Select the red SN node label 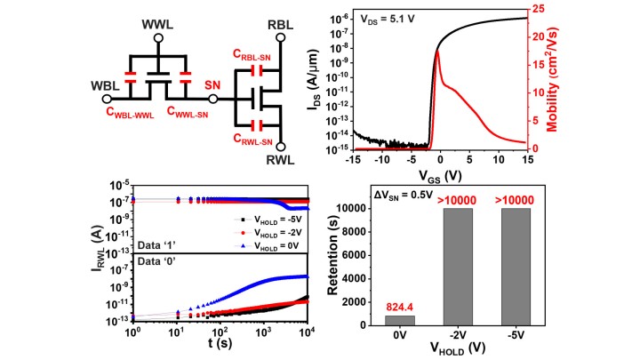[212, 84]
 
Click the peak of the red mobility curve [437, 51]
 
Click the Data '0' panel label [158, 259]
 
